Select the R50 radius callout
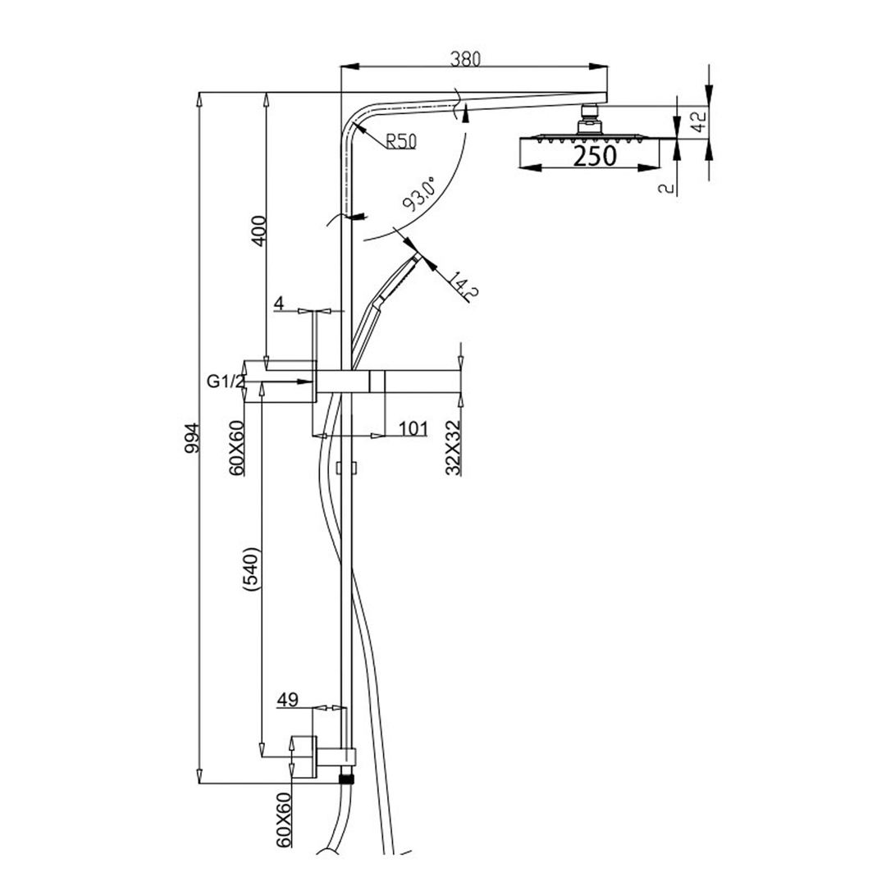[x=400, y=142]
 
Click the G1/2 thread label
[x=226, y=381]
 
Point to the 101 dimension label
[x=413, y=427]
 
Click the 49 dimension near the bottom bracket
[x=287, y=700]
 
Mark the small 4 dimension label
[x=279, y=304]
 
